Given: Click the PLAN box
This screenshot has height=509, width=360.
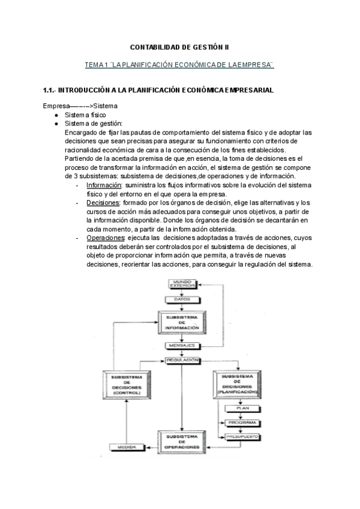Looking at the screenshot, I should [x=242, y=408].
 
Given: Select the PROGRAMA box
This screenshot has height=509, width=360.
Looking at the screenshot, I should [x=242, y=423].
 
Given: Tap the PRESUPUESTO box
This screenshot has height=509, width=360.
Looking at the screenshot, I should [x=242, y=437].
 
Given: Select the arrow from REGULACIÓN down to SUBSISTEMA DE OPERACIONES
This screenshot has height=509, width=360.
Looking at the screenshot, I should [x=181, y=396].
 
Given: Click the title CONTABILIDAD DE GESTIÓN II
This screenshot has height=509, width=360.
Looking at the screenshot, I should [x=180, y=46].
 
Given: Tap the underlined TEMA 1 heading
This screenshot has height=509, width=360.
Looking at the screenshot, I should [x=180, y=64].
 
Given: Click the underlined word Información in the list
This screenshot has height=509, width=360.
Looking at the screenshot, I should [x=101, y=186].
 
